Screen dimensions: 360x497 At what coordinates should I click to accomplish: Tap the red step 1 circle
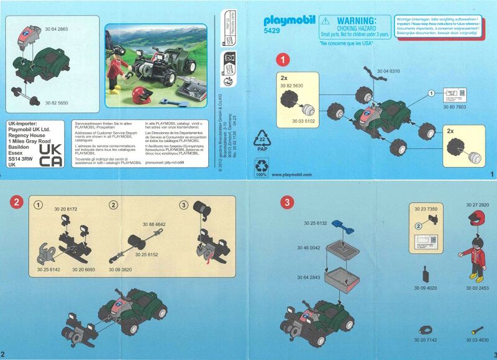point(283,60)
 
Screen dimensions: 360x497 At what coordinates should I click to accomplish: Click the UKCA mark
point(55,155)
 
